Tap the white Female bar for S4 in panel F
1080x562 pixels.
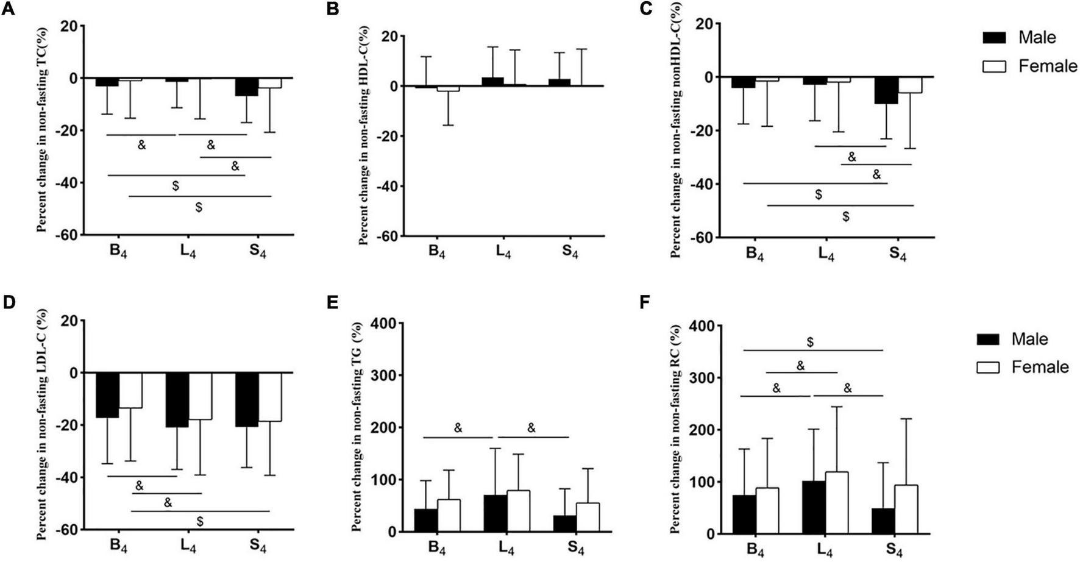click(x=906, y=509)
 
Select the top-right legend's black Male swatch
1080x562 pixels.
click(x=995, y=38)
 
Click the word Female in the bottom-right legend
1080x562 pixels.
click(x=1040, y=367)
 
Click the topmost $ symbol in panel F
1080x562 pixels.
click(x=810, y=343)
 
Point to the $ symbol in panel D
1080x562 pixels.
click(x=200, y=521)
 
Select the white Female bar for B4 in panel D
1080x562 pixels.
click(x=130, y=390)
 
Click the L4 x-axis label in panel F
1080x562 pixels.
click(x=825, y=550)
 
